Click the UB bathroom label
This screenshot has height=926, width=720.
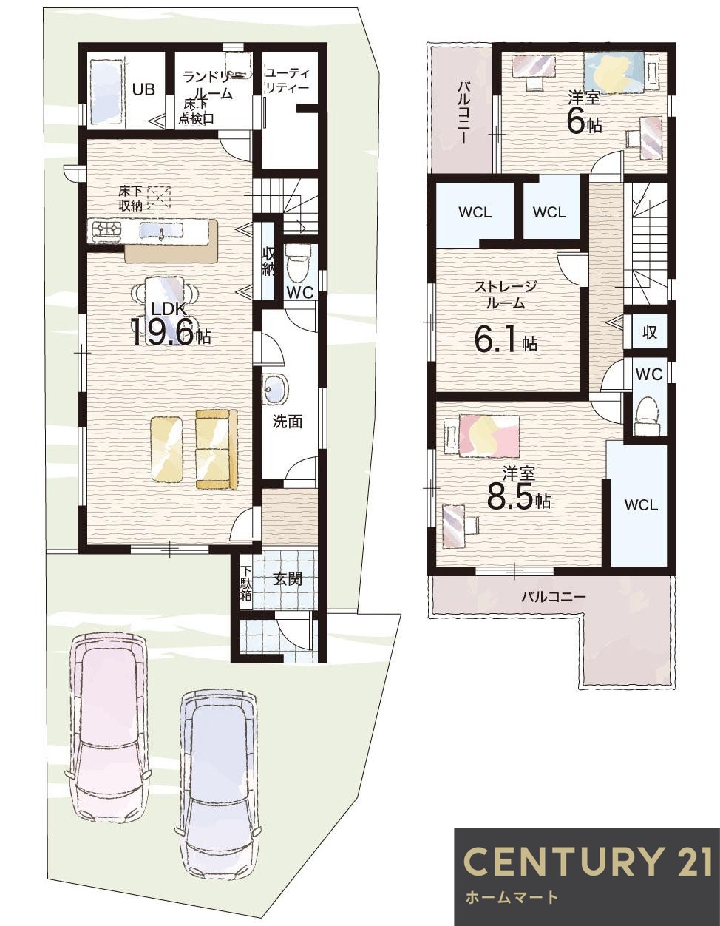(143, 89)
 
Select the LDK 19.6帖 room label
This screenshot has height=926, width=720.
(170, 324)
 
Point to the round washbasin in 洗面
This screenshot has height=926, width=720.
(276, 389)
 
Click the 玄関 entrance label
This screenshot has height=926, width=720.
(287, 579)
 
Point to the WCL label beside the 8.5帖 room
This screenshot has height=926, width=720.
(640, 505)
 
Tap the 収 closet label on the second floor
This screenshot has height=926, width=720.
(649, 332)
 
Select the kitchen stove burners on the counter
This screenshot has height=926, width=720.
(105, 231)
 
